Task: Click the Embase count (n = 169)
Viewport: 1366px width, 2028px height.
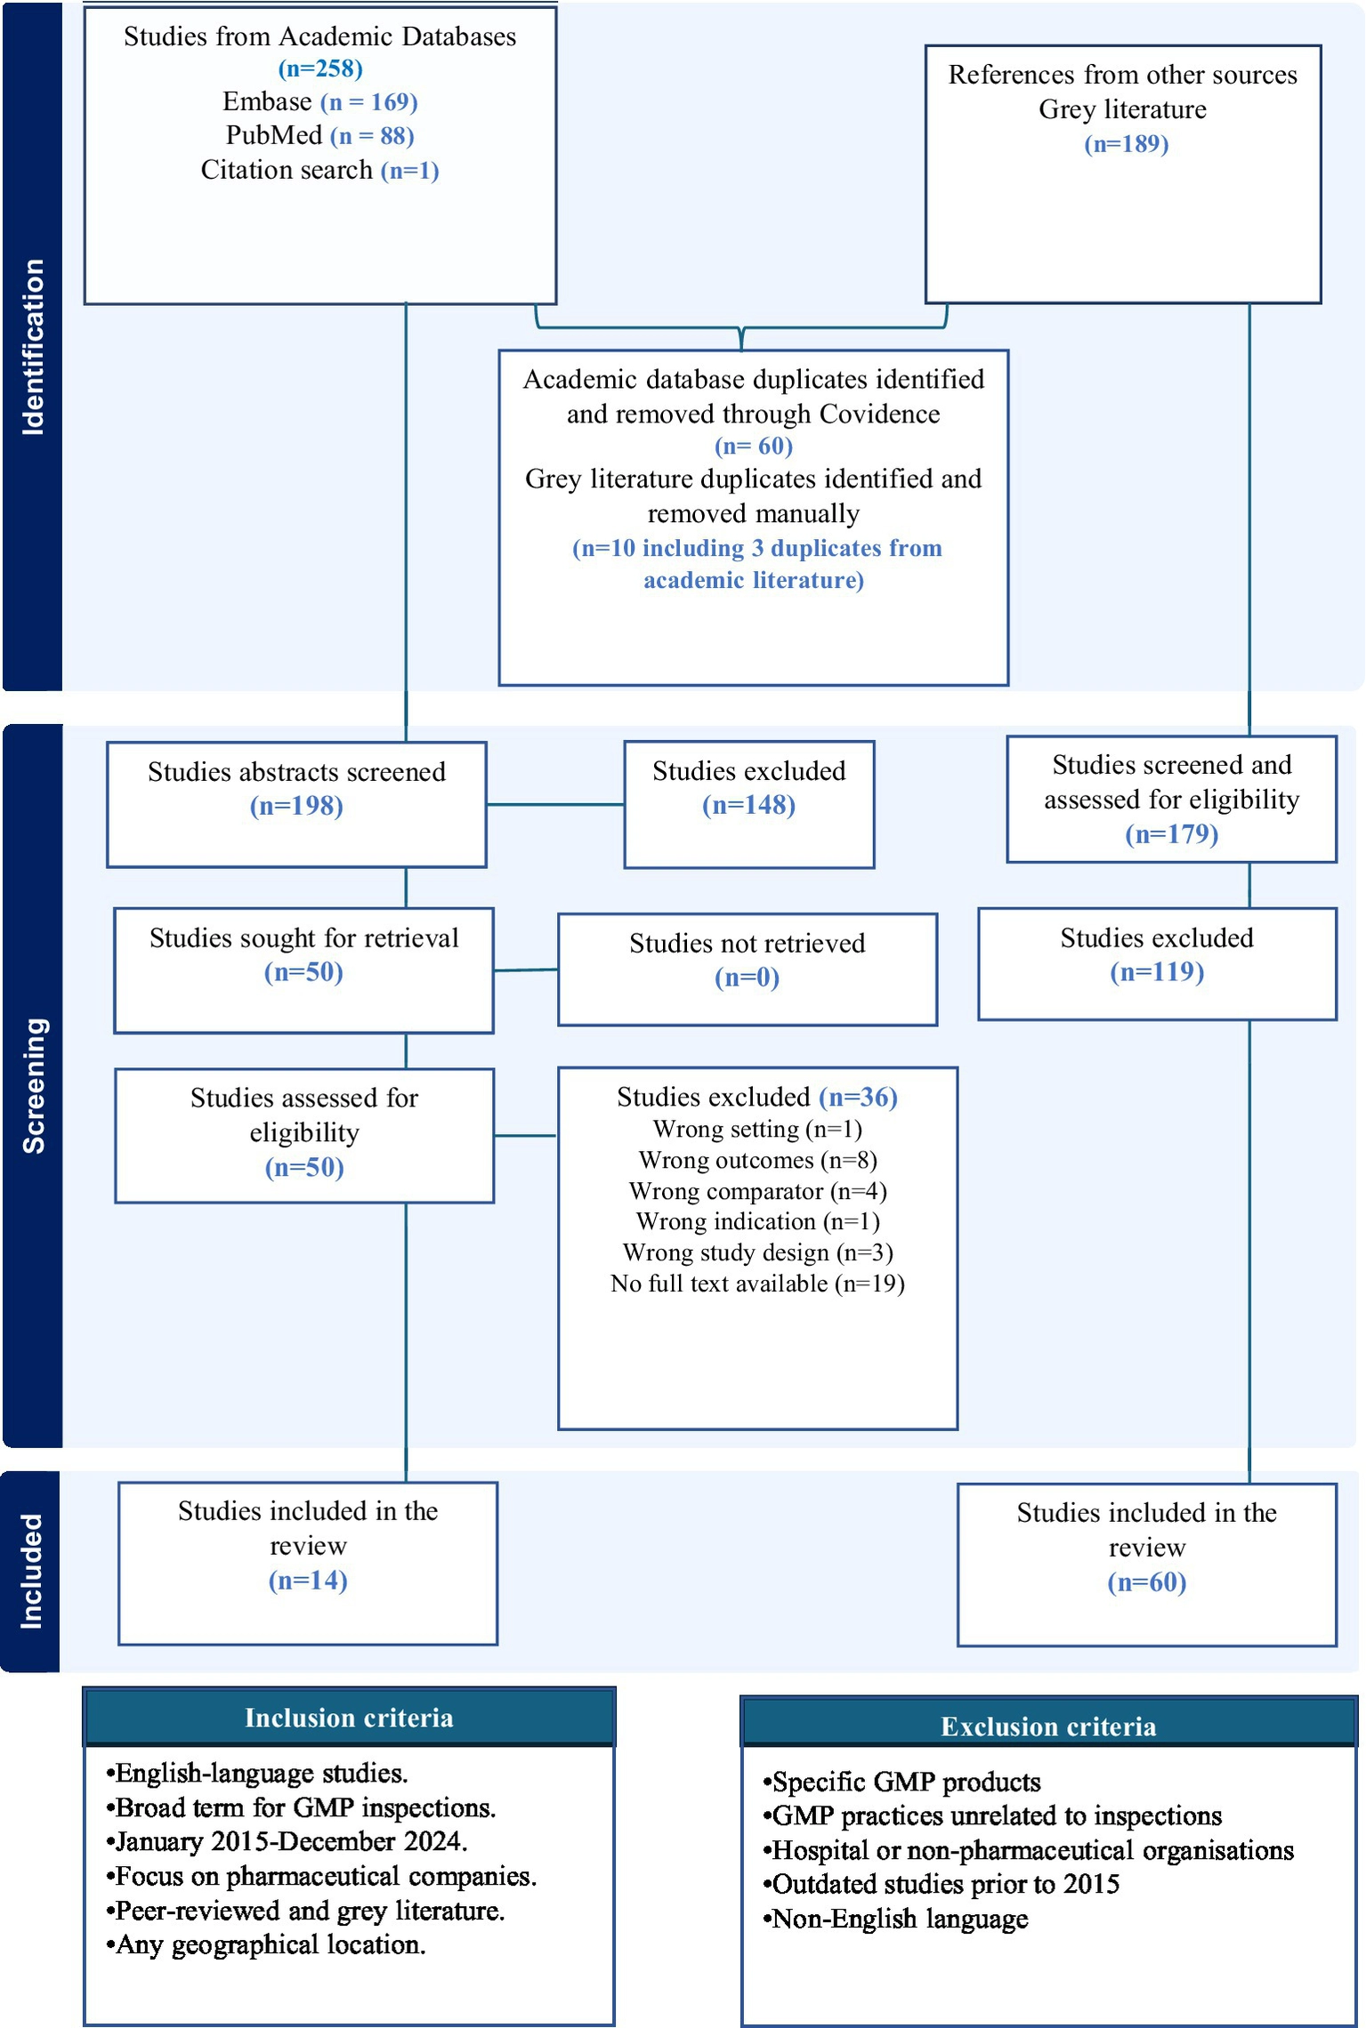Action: (369, 102)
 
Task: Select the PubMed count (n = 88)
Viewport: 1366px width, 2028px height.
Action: (372, 136)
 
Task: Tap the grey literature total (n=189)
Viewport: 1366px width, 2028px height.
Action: (1126, 144)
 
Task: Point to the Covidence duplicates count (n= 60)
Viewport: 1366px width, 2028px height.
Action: (754, 446)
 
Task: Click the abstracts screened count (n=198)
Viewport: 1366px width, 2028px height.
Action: (296, 806)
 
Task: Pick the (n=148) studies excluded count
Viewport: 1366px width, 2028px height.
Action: (748, 805)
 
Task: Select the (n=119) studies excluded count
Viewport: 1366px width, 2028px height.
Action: (1157, 971)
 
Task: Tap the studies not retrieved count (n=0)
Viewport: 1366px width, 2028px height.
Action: (747, 978)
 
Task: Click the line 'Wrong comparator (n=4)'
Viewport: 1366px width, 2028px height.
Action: (757, 1191)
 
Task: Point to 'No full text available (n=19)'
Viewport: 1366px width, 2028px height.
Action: (757, 1284)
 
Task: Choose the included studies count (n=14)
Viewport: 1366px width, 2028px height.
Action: (308, 1580)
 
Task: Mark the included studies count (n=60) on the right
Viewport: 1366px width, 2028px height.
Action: (1147, 1581)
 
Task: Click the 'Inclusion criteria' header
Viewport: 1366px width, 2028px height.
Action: (349, 1718)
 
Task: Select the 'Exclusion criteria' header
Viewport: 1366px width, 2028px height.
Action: (1048, 1726)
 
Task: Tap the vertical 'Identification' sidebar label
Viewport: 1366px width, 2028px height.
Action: (33, 347)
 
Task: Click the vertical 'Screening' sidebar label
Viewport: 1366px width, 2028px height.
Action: (33, 1086)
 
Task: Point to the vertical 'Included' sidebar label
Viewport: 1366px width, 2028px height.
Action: (31, 1572)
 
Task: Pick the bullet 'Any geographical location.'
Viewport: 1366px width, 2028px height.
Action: (265, 1945)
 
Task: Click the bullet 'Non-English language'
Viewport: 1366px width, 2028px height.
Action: (895, 1919)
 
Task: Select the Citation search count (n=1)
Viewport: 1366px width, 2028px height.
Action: (410, 170)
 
